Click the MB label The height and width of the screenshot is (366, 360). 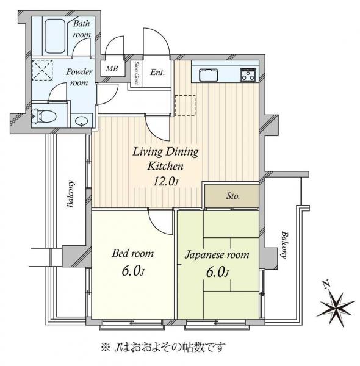112,69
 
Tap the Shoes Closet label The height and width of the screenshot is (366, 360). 137,74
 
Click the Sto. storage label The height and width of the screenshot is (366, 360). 233,196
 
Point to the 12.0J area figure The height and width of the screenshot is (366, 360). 165,181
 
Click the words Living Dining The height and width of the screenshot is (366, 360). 165,151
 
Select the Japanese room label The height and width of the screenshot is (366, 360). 217,254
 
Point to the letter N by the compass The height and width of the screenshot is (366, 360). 326,285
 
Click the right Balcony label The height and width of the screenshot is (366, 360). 284,246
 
